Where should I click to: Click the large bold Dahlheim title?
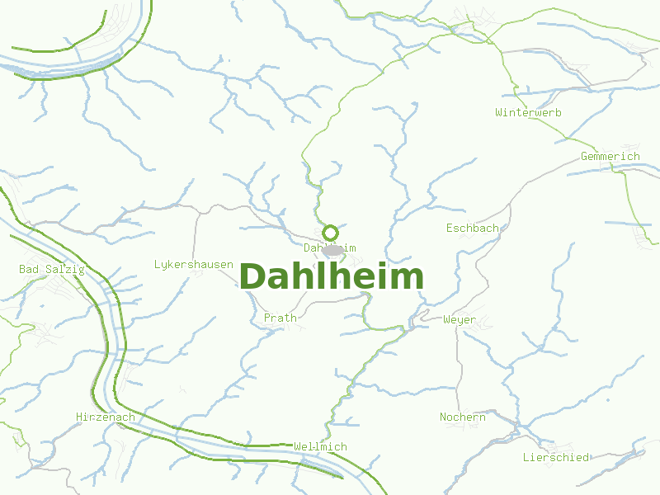331,276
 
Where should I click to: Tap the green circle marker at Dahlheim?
330,233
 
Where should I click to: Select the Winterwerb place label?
528,112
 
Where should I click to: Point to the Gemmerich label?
610,156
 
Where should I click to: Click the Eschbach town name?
472,228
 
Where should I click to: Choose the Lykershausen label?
193,264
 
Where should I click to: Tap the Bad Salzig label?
51,269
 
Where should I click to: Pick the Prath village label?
280,318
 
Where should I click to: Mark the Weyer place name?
459,319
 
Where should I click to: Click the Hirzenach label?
105,417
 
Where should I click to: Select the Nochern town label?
462,417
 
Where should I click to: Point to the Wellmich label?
320,446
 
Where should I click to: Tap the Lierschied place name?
555,456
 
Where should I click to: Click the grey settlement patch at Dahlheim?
332,250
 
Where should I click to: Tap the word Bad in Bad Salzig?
28,269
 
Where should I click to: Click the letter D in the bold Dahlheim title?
252,276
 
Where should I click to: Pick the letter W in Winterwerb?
498,112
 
